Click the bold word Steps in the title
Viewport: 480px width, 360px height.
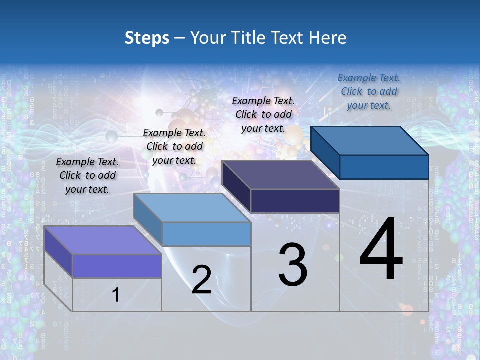tap(147, 38)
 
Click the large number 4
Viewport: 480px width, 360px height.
tap(381, 250)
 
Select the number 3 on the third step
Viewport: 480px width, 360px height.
tap(293, 265)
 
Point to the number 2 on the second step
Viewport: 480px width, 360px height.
tap(201, 280)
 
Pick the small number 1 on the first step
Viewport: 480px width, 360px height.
tap(115, 295)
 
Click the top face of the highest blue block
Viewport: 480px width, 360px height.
tap(370, 140)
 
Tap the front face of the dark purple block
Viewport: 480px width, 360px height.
tap(295, 201)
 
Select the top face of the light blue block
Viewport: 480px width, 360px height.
tap(192, 207)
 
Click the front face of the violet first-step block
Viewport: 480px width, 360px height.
tap(117, 266)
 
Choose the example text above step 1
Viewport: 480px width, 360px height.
tap(87, 175)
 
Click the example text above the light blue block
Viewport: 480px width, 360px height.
tap(174, 146)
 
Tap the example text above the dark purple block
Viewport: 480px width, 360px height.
tap(263, 114)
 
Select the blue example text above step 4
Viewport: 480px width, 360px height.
tap(369, 91)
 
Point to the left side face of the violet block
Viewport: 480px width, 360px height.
tap(58, 252)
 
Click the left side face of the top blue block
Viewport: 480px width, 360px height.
tap(325, 152)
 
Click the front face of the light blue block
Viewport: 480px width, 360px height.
tap(206, 234)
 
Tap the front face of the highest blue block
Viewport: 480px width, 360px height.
tap(384, 167)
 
